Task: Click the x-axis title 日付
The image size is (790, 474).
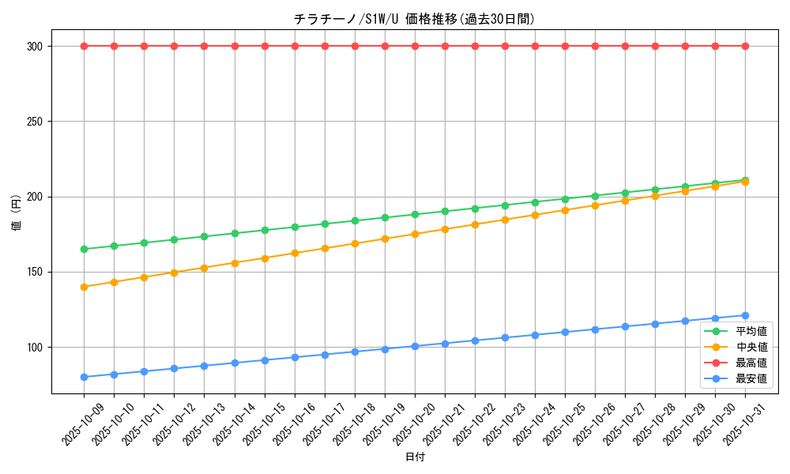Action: point(415,457)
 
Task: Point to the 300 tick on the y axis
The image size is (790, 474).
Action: point(34,47)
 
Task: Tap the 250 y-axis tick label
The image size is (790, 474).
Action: point(34,122)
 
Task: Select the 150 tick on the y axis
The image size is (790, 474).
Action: point(34,273)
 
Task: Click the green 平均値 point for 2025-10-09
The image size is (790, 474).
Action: point(84,249)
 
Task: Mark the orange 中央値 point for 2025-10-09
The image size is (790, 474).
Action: point(84,287)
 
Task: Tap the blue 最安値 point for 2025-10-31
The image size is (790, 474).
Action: point(745,315)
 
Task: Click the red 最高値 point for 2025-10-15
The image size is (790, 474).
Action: point(265,46)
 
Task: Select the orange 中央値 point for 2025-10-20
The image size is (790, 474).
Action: point(415,234)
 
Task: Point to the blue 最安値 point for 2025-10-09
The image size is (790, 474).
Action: point(84,377)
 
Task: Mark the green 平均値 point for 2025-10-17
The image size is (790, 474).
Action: point(325,224)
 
